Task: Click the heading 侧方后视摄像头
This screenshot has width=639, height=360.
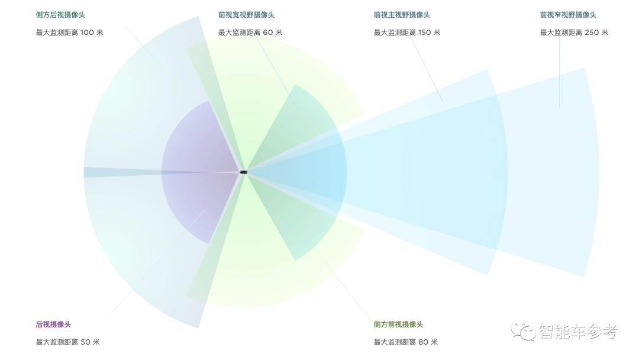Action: click(x=60, y=15)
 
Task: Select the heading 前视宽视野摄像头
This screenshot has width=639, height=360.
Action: click(x=246, y=15)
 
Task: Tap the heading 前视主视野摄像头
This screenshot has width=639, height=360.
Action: click(x=402, y=15)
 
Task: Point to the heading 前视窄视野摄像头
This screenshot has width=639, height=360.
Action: click(x=568, y=15)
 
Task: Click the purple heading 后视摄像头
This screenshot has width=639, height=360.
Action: click(x=53, y=324)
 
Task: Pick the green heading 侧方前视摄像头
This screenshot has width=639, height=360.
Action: click(x=398, y=324)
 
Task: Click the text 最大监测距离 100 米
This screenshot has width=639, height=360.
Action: click(x=69, y=33)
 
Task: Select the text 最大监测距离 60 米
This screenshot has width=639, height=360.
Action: click(x=250, y=33)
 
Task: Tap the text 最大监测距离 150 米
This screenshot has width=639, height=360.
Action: click(x=406, y=33)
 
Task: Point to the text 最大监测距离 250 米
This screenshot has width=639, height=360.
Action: click(x=573, y=33)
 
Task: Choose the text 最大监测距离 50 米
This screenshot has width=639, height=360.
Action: click(x=67, y=342)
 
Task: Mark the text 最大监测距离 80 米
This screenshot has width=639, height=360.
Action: click(x=405, y=342)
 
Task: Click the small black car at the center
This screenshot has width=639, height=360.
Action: click(x=243, y=172)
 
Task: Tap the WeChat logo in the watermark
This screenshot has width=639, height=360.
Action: click(x=523, y=331)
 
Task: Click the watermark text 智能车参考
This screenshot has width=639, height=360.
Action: click(x=577, y=332)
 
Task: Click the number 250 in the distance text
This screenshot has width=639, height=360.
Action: click(x=592, y=33)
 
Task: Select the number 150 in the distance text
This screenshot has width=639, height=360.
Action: click(x=425, y=33)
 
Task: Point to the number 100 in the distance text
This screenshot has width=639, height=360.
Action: click(x=87, y=33)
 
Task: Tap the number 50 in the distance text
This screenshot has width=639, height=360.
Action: click(x=85, y=342)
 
